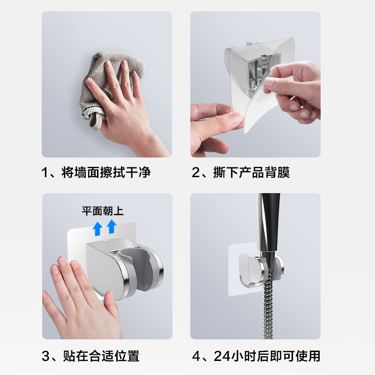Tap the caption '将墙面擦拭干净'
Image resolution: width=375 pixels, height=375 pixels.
(x=106, y=172)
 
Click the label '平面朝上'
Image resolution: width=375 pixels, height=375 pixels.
(x=103, y=211)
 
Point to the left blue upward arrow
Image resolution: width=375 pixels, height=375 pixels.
(x=97, y=228)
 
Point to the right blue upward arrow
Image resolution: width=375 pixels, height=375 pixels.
(x=112, y=226)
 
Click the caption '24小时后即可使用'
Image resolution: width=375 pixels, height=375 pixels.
(x=267, y=356)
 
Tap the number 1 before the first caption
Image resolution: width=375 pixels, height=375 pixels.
(x=46, y=172)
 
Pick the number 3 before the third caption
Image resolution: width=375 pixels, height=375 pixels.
(x=46, y=356)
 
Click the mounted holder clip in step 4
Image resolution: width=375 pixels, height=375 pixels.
(x=255, y=270)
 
